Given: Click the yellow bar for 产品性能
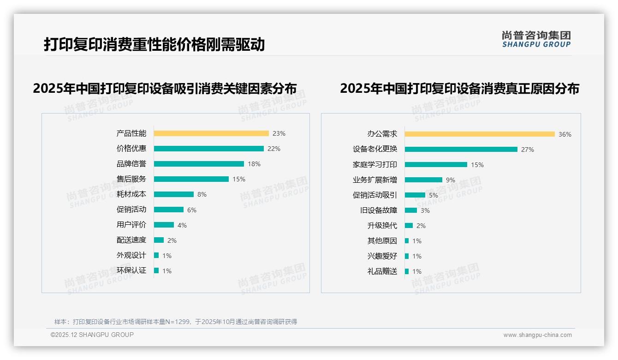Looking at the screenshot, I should click(x=211, y=133).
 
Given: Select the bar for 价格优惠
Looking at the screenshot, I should click(x=208, y=149).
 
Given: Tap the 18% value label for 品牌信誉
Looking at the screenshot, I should click(x=254, y=164).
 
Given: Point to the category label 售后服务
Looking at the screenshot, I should click(x=131, y=179).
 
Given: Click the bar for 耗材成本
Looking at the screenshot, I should click(x=174, y=194).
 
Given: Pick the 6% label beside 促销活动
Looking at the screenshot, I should click(x=192, y=210).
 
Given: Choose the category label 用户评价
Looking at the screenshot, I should click(x=131, y=225).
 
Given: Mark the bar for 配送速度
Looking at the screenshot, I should click(x=159, y=240).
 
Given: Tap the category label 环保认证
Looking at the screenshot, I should click(x=131, y=270).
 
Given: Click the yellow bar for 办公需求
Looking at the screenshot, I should click(x=480, y=134).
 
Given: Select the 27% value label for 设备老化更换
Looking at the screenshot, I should click(x=528, y=150).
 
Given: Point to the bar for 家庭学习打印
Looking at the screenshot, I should click(x=436, y=165).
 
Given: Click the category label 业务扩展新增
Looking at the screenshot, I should click(x=375, y=180).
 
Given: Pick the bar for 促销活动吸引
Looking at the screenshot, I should click(x=415, y=195).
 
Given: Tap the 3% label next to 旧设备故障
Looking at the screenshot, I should click(x=425, y=210).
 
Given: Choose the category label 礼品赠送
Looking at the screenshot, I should click(x=382, y=271).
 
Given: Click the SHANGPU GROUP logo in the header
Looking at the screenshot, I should click(x=536, y=39).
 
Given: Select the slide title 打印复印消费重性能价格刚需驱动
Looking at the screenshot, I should click(x=154, y=45).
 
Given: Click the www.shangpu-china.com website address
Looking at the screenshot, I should click(x=537, y=335).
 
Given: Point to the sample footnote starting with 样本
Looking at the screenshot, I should click(x=176, y=322).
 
